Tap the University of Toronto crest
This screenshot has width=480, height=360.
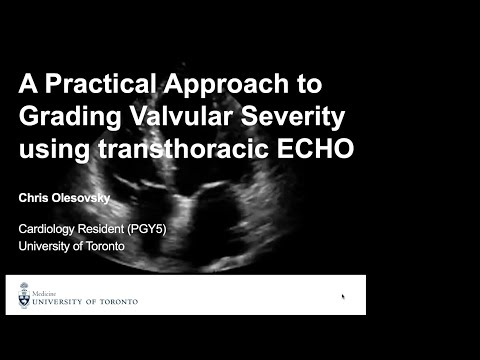tap(24, 296)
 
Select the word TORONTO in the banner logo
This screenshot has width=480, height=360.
tap(114, 300)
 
